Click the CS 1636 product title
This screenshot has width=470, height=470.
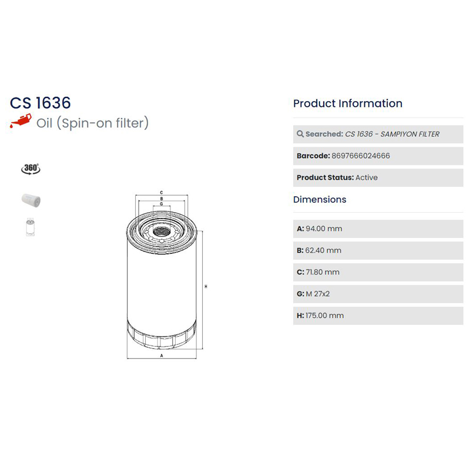pos(40,103)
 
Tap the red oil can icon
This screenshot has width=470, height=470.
pos(21,121)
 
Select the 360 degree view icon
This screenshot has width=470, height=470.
pos(31,169)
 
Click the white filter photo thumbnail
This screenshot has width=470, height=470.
pos(31,200)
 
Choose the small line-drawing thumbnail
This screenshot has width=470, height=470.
pos(31,227)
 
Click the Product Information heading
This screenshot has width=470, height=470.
pos(348,103)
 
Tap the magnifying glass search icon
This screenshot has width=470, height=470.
pos(300,134)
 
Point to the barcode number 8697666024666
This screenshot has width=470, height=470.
pos(361,156)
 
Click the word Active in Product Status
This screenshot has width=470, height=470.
pos(366,177)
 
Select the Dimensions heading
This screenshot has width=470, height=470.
pos(320,200)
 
